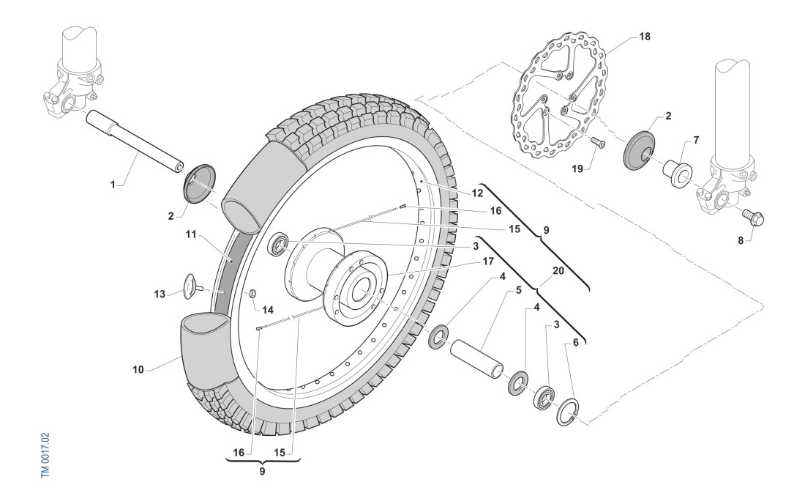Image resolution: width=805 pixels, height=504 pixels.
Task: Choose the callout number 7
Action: click(x=695, y=138)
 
